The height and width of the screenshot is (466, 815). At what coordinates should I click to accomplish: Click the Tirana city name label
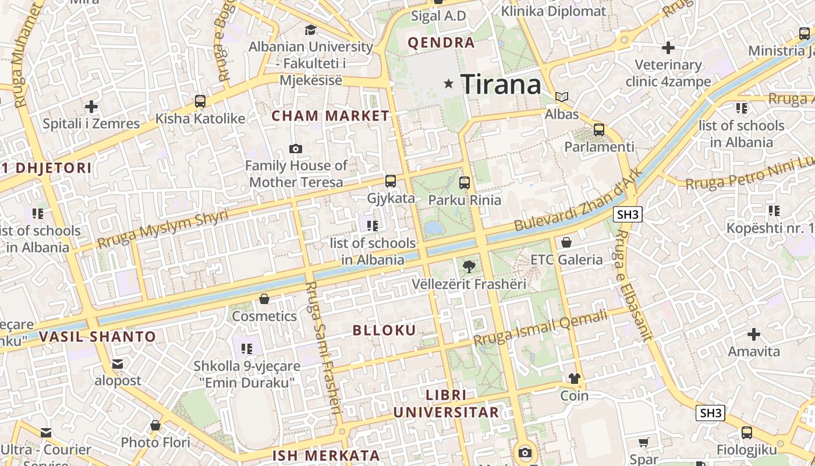point(501,85)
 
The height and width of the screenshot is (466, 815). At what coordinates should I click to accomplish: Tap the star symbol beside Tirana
point(448,84)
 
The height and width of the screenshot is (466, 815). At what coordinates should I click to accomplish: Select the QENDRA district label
point(441,43)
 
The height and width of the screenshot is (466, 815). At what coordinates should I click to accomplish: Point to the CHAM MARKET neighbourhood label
point(330,116)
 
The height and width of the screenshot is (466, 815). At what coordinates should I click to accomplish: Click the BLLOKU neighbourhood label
point(385,330)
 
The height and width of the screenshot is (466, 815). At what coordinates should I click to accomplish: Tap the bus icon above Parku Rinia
point(464,182)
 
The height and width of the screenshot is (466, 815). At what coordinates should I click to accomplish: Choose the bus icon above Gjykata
point(391,181)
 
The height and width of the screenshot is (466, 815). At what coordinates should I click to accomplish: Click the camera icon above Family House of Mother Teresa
point(296,149)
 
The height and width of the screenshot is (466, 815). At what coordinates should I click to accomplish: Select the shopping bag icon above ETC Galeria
point(566,242)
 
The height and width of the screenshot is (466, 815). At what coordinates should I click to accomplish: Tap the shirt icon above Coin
point(575,379)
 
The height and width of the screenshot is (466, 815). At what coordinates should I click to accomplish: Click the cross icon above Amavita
point(754,334)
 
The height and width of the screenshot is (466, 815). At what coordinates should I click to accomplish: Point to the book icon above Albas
point(562,97)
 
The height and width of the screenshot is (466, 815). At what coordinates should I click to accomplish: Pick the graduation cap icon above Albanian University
point(311,30)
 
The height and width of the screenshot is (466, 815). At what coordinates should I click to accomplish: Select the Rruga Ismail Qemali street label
point(541,327)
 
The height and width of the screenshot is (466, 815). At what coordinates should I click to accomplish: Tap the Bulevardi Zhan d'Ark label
point(578,199)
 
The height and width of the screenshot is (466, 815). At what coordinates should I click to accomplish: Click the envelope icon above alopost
point(118,364)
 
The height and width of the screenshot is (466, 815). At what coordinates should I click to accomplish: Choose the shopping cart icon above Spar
point(643,443)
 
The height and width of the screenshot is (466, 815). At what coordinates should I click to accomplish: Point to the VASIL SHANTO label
point(98,337)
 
